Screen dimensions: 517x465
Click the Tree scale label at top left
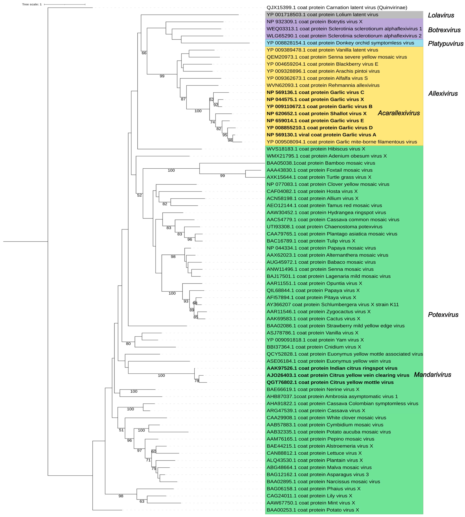32,4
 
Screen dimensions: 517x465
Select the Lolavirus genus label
441,15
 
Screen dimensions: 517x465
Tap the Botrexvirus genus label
444,30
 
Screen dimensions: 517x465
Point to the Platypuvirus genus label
446,44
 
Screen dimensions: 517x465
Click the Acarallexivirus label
399,113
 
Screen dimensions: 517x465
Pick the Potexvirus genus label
443,315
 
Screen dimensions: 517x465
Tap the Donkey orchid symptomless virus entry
340,43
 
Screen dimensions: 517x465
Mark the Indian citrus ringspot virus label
332,368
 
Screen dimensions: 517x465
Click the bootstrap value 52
139,195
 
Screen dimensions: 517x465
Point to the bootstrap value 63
142,501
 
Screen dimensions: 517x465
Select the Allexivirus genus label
443,94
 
